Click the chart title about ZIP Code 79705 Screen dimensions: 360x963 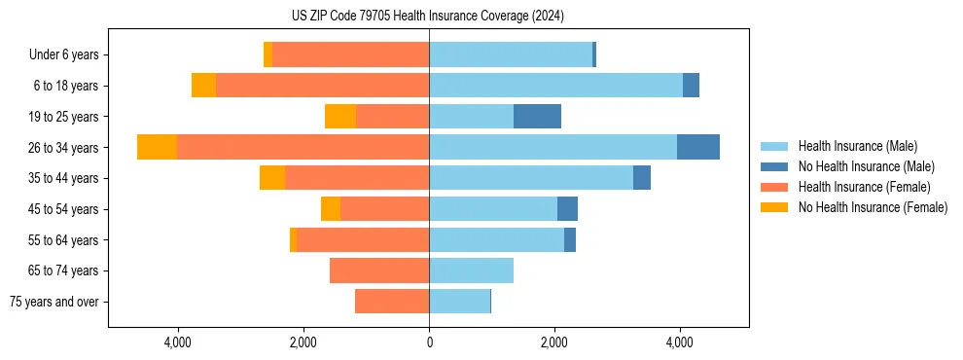pyautogui.click(x=428, y=16)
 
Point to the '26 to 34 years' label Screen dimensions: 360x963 pyautogui.click(x=63, y=148)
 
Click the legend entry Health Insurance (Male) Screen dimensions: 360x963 pyautogui.click(x=857, y=146)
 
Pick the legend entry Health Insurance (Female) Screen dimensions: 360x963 pyautogui.click(x=864, y=187)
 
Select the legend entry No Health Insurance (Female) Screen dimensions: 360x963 pyautogui.click(x=873, y=207)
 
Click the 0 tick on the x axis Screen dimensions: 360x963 pyautogui.click(x=429, y=342)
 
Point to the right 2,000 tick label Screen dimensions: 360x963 pyautogui.click(x=554, y=342)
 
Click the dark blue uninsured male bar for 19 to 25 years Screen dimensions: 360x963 pyautogui.click(x=537, y=117)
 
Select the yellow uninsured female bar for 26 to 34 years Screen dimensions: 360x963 pyautogui.click(x=157, y=147)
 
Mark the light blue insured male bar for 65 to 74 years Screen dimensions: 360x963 pyautogui.click(x=471, y=270)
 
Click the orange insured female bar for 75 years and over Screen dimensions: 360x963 pyautogui.click(x=392, y=302)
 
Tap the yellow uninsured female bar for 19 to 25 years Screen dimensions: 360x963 pyautogui.click(x=340, y=117)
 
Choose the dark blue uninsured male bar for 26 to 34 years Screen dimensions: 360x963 pyautogui.click(x=697, y=147)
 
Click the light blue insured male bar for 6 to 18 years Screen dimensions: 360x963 pyautogui.click(x=555, y=86)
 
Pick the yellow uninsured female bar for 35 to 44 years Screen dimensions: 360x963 pyautogui.click(x=272, y=178)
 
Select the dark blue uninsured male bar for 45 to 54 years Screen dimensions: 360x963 pyautogui.click(x=567, y=209)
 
